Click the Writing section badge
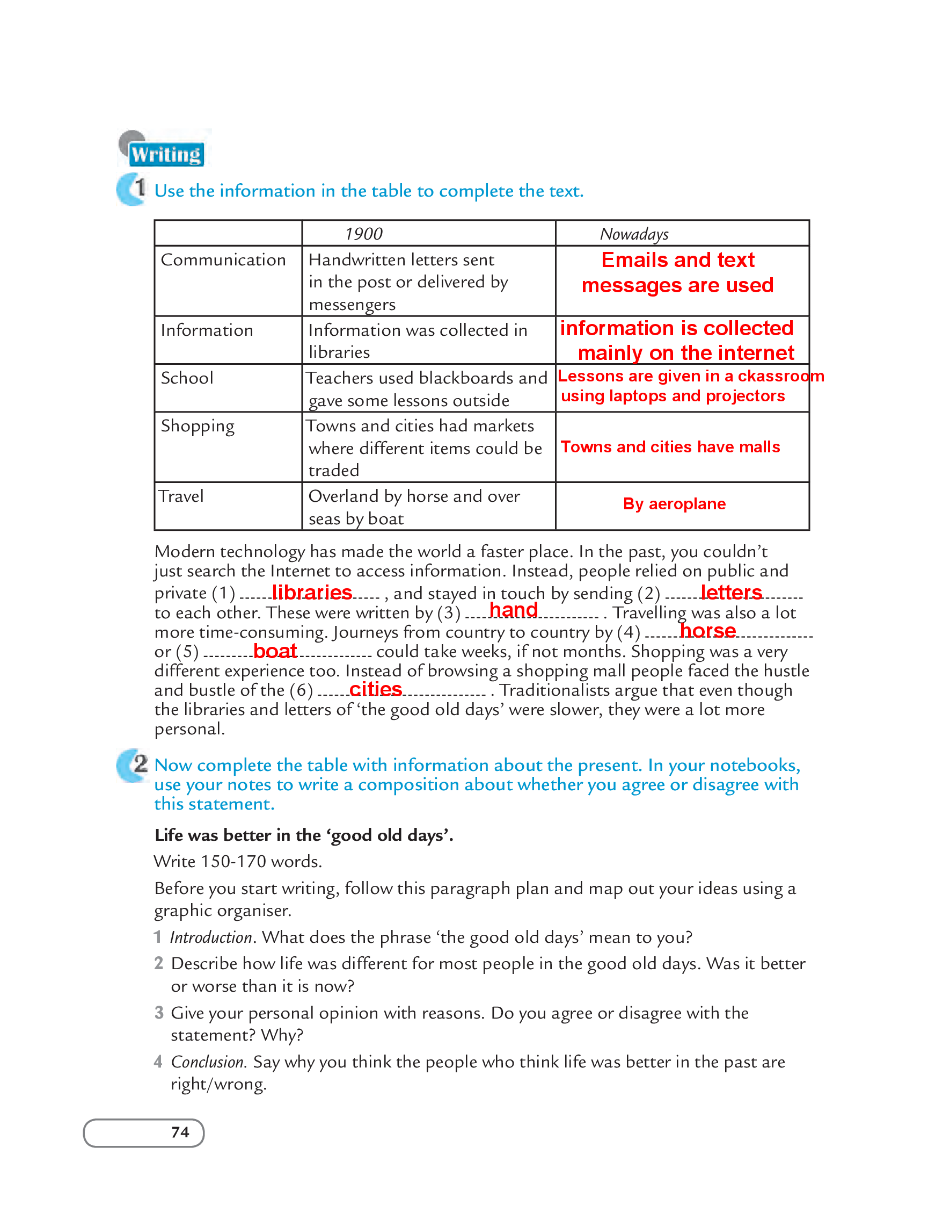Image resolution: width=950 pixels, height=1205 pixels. pyautogui.click(x=166, y=154)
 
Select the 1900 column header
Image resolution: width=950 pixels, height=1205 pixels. pyautogui.click(x=363, y=234)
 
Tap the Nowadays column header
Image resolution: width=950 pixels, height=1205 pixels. pyautogui.click(x=633, y=234)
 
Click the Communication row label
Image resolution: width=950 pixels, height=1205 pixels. pyautogui.click(x=223, y=260)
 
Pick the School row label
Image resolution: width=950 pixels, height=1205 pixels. pyautogui.click(x=187, y=378)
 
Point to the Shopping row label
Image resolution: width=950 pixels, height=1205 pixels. pyautogui.click(x=198, y=427)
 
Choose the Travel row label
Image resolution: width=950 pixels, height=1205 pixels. pyautogui.click(x=181, y=496)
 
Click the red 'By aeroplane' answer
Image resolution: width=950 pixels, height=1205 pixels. pyautogui.click(x=674, y=504)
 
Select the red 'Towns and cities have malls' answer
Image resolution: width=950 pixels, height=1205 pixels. pyautogui.click(x=670, y=447)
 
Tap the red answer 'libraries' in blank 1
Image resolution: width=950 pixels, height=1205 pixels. pyautogui.click(x=311, y=592)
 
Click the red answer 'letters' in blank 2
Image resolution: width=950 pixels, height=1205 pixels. pyautogui.click(x=731, y=592)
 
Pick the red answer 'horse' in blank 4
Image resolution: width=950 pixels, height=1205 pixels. pyautogui.click(x=707, y=631)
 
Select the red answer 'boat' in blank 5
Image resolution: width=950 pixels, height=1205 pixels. pyautogui.click(x=275, y=651)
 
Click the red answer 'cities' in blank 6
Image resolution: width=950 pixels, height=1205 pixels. pyautogui.click(x=376, y=690)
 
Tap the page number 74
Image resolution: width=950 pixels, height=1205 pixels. pyautogui.click(x=180, y=1132)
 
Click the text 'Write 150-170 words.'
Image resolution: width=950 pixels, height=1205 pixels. pyautogui.click(x=238, y=862)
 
